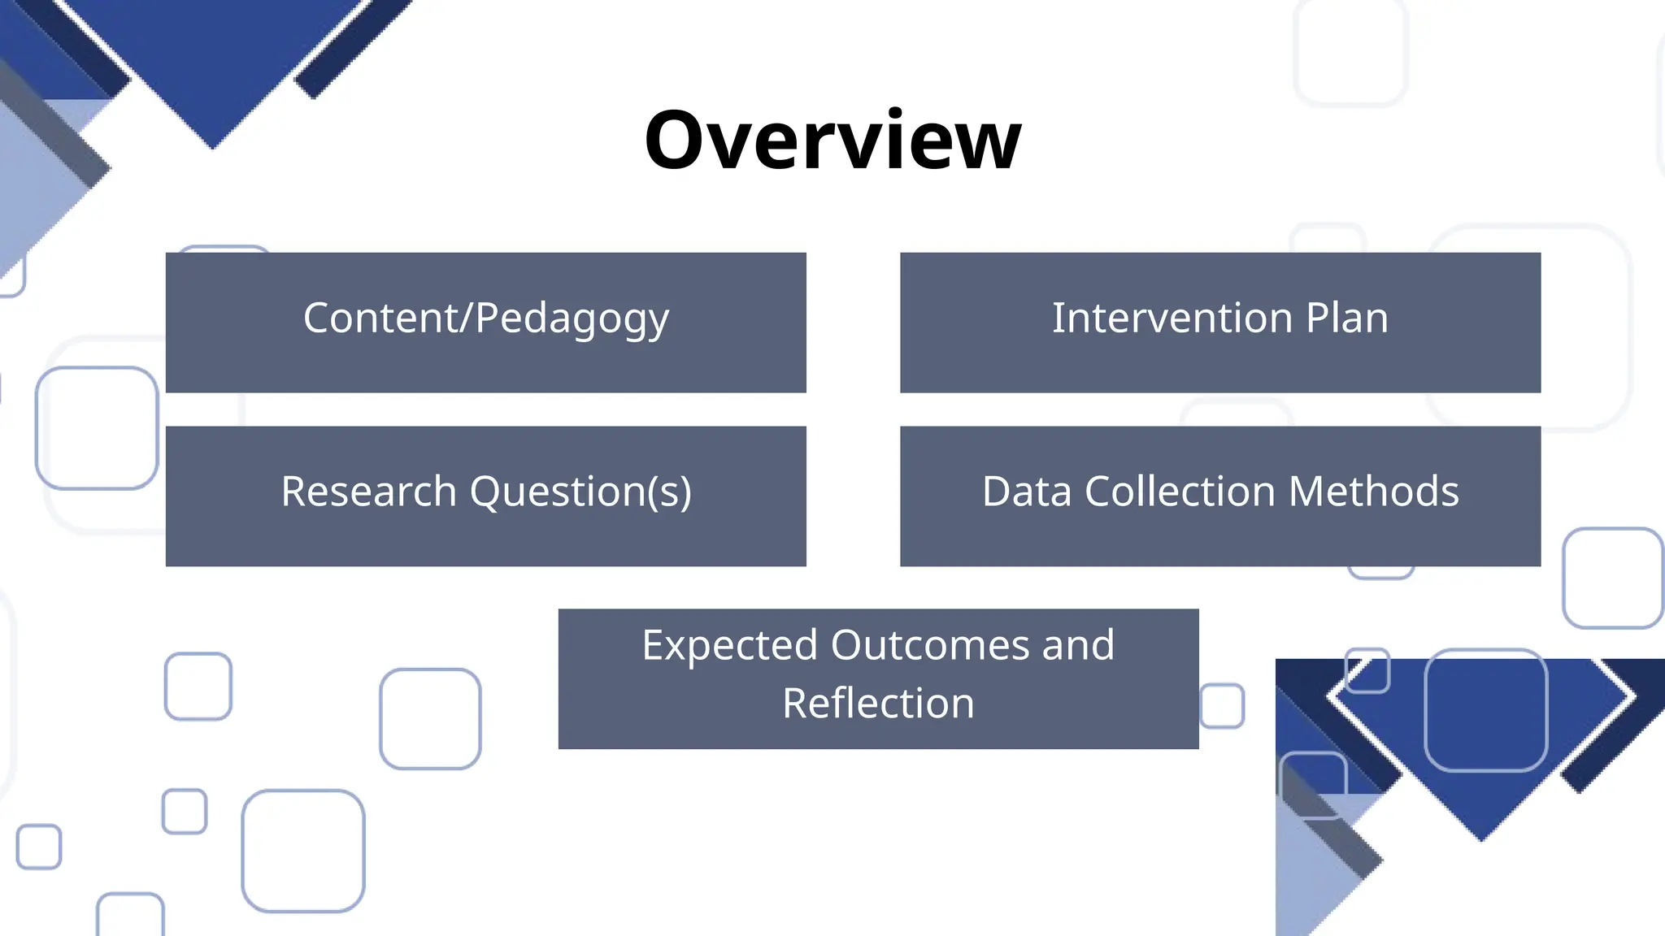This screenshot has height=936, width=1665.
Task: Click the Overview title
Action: tap(832, 140)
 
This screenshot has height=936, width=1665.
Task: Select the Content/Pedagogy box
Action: tap(485, 323)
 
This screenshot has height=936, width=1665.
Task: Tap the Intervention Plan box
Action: tap(1219, 323)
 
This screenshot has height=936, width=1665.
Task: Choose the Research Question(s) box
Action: tap(485, 496)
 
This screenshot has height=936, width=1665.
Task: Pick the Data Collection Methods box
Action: tap(1219, 496)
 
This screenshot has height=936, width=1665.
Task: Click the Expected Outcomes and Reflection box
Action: tap(878, 678)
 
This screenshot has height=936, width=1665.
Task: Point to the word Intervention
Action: tap(1172, 318)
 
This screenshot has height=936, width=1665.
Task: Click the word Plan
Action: tap(1347, 318)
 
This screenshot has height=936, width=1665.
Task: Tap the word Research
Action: tap(368, 492)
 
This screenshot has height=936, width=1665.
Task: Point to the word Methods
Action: tap(1374, 492)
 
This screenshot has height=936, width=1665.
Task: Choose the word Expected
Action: tap(729, 646)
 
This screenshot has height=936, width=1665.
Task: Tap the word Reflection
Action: tap(878, 704)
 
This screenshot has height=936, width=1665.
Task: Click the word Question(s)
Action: tap(580, 492)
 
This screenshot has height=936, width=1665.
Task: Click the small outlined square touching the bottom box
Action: tap(1222, 706)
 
